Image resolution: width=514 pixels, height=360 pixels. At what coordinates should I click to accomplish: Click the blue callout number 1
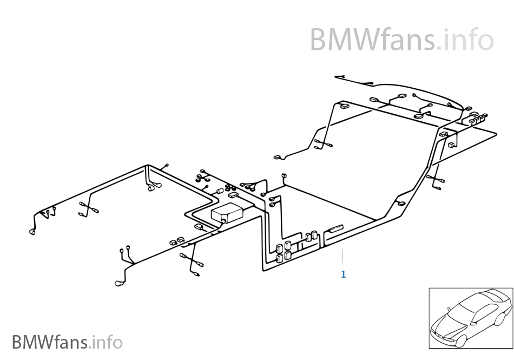[343, 274]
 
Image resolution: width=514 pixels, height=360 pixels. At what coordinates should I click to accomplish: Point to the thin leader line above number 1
[342, 257]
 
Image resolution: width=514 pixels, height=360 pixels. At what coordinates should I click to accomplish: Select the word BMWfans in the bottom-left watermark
[50, 342]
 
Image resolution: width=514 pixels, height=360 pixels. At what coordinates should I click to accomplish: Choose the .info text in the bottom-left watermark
[107, 342]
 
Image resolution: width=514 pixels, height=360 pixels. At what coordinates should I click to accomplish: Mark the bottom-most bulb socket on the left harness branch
[120, 283]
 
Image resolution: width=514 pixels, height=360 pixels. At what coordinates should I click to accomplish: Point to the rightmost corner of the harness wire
[496, 133]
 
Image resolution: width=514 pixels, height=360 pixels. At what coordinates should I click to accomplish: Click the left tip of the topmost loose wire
[337, 77]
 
